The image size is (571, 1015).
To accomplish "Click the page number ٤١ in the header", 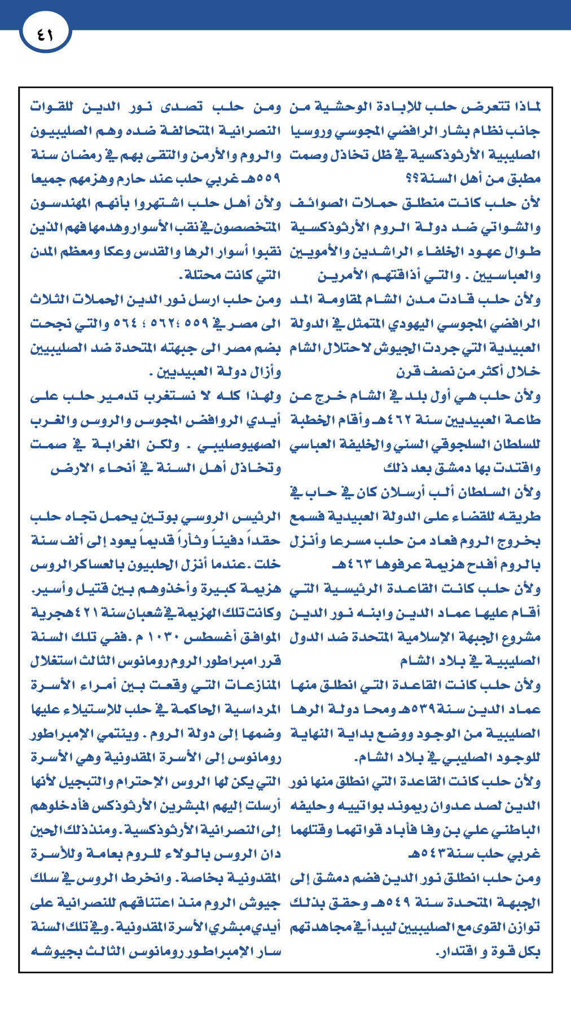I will pyautogui.click(x=45, y=34).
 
